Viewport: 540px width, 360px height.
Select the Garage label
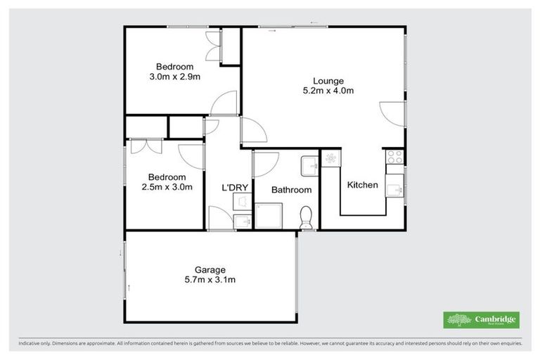click(210, 269)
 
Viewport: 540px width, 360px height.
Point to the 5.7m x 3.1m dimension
click(210, 279)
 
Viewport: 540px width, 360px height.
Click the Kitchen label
click(363, 185)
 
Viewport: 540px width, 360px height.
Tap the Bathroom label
click(291, 190)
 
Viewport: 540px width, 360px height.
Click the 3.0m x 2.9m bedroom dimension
click(175, 76)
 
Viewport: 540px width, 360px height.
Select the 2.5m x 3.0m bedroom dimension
click(167, 187)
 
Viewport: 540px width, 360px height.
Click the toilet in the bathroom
click(306, 217)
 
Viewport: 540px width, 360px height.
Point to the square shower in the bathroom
click(267, 217)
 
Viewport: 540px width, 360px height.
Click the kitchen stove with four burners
click(394, 157)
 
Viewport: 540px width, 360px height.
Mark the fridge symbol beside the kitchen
click(330, 160)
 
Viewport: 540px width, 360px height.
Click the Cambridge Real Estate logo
click(481, 320)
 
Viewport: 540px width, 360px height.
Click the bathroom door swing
click(264, 165)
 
